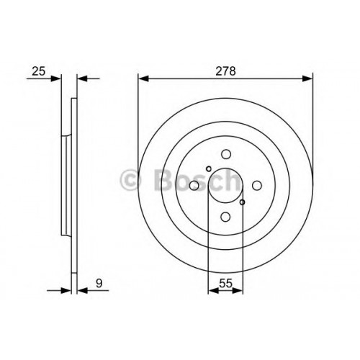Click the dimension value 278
[x=225, y=71]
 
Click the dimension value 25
[x=39, y=71]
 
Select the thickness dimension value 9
[x=99, y=283]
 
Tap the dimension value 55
[x=226, y=284]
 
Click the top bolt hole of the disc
[x=226, y=154]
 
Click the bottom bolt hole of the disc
[x=225, y=217]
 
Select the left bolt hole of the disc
[x=194, y=186]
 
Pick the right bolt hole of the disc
[x=257, y=186]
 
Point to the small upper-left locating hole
[x=209, y=169]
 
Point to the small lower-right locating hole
[x=243, y=202]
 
